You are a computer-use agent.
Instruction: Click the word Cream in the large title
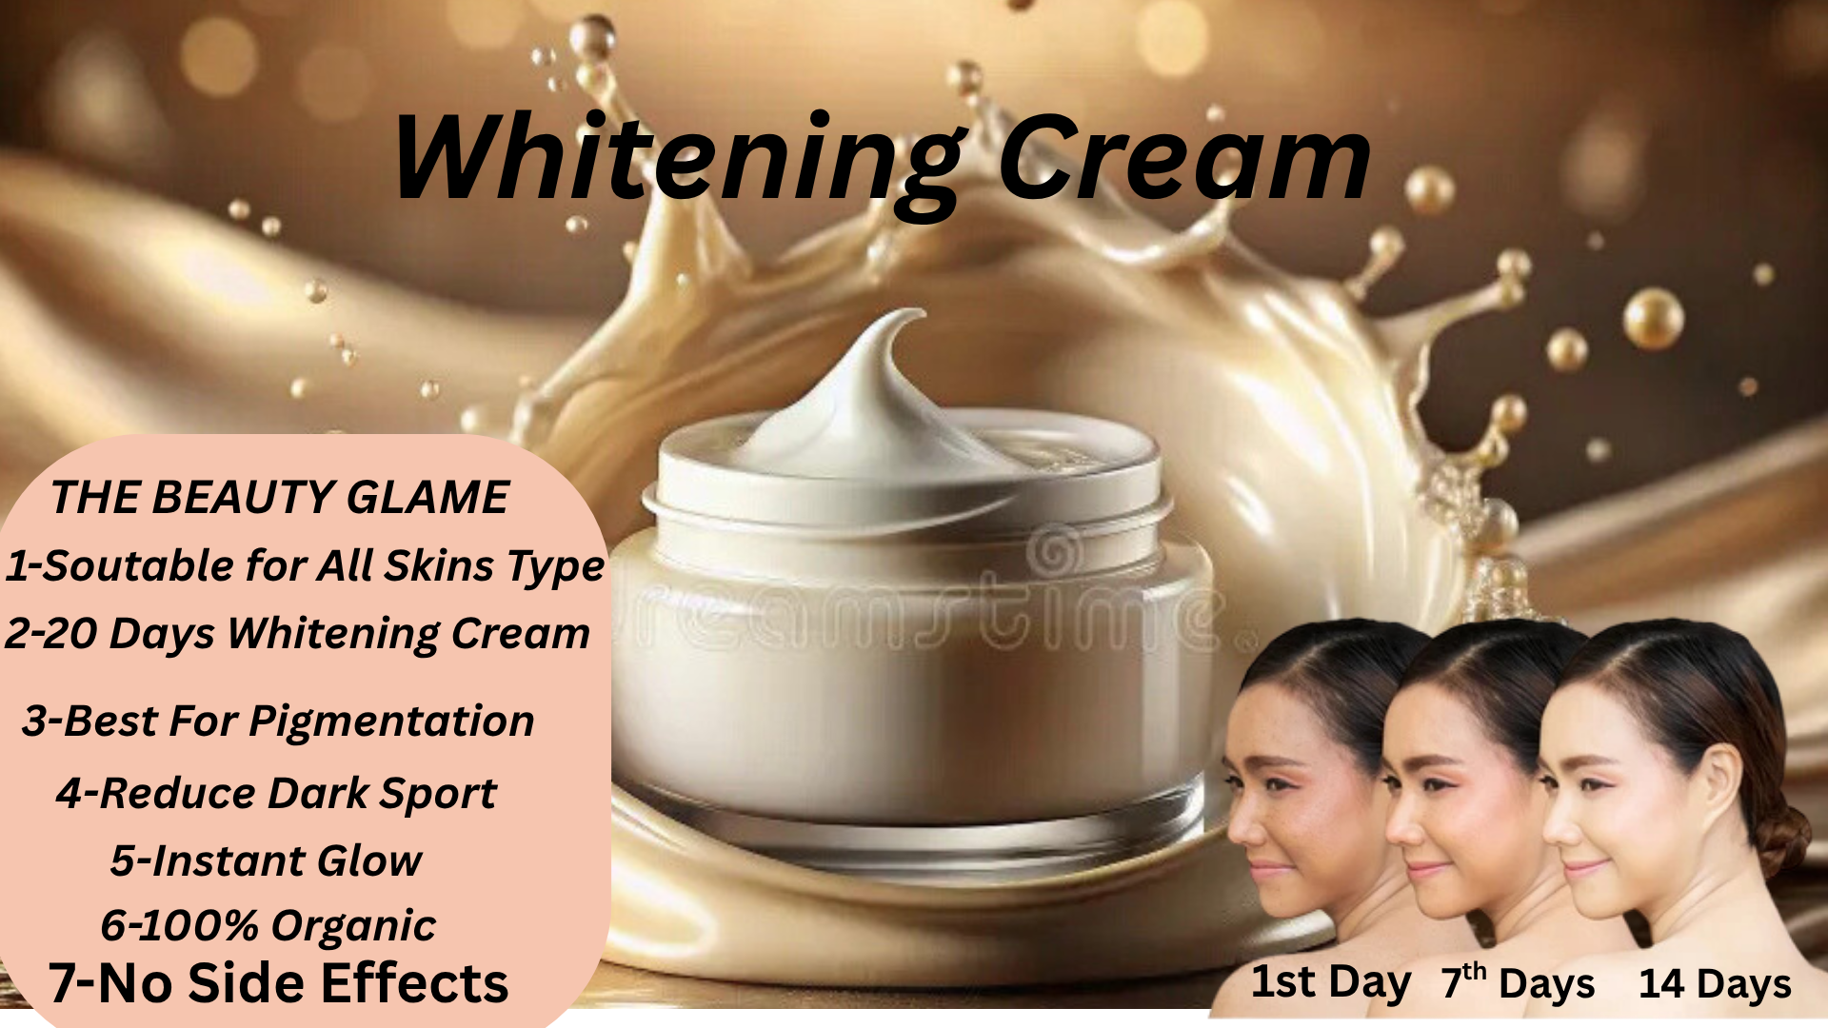pos(1185,158)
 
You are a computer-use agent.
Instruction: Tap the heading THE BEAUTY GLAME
pos(280,497)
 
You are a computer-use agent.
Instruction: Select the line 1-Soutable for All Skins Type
pos(305,566)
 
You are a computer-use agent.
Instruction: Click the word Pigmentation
pos(391,722)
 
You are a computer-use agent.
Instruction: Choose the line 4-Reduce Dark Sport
pos(276,793)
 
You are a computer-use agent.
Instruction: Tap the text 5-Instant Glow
pos(266,860)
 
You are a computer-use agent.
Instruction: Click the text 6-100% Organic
pos(268,925)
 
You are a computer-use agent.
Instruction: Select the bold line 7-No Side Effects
pos(278,982)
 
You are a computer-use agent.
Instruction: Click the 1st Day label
pos(1330,983)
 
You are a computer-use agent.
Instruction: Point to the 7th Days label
pos(1518,983)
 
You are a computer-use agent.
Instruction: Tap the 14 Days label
pos(1715,984)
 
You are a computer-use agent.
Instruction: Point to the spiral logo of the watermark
pos(1056,552)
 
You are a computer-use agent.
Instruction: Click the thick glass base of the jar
pos(909,828)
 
